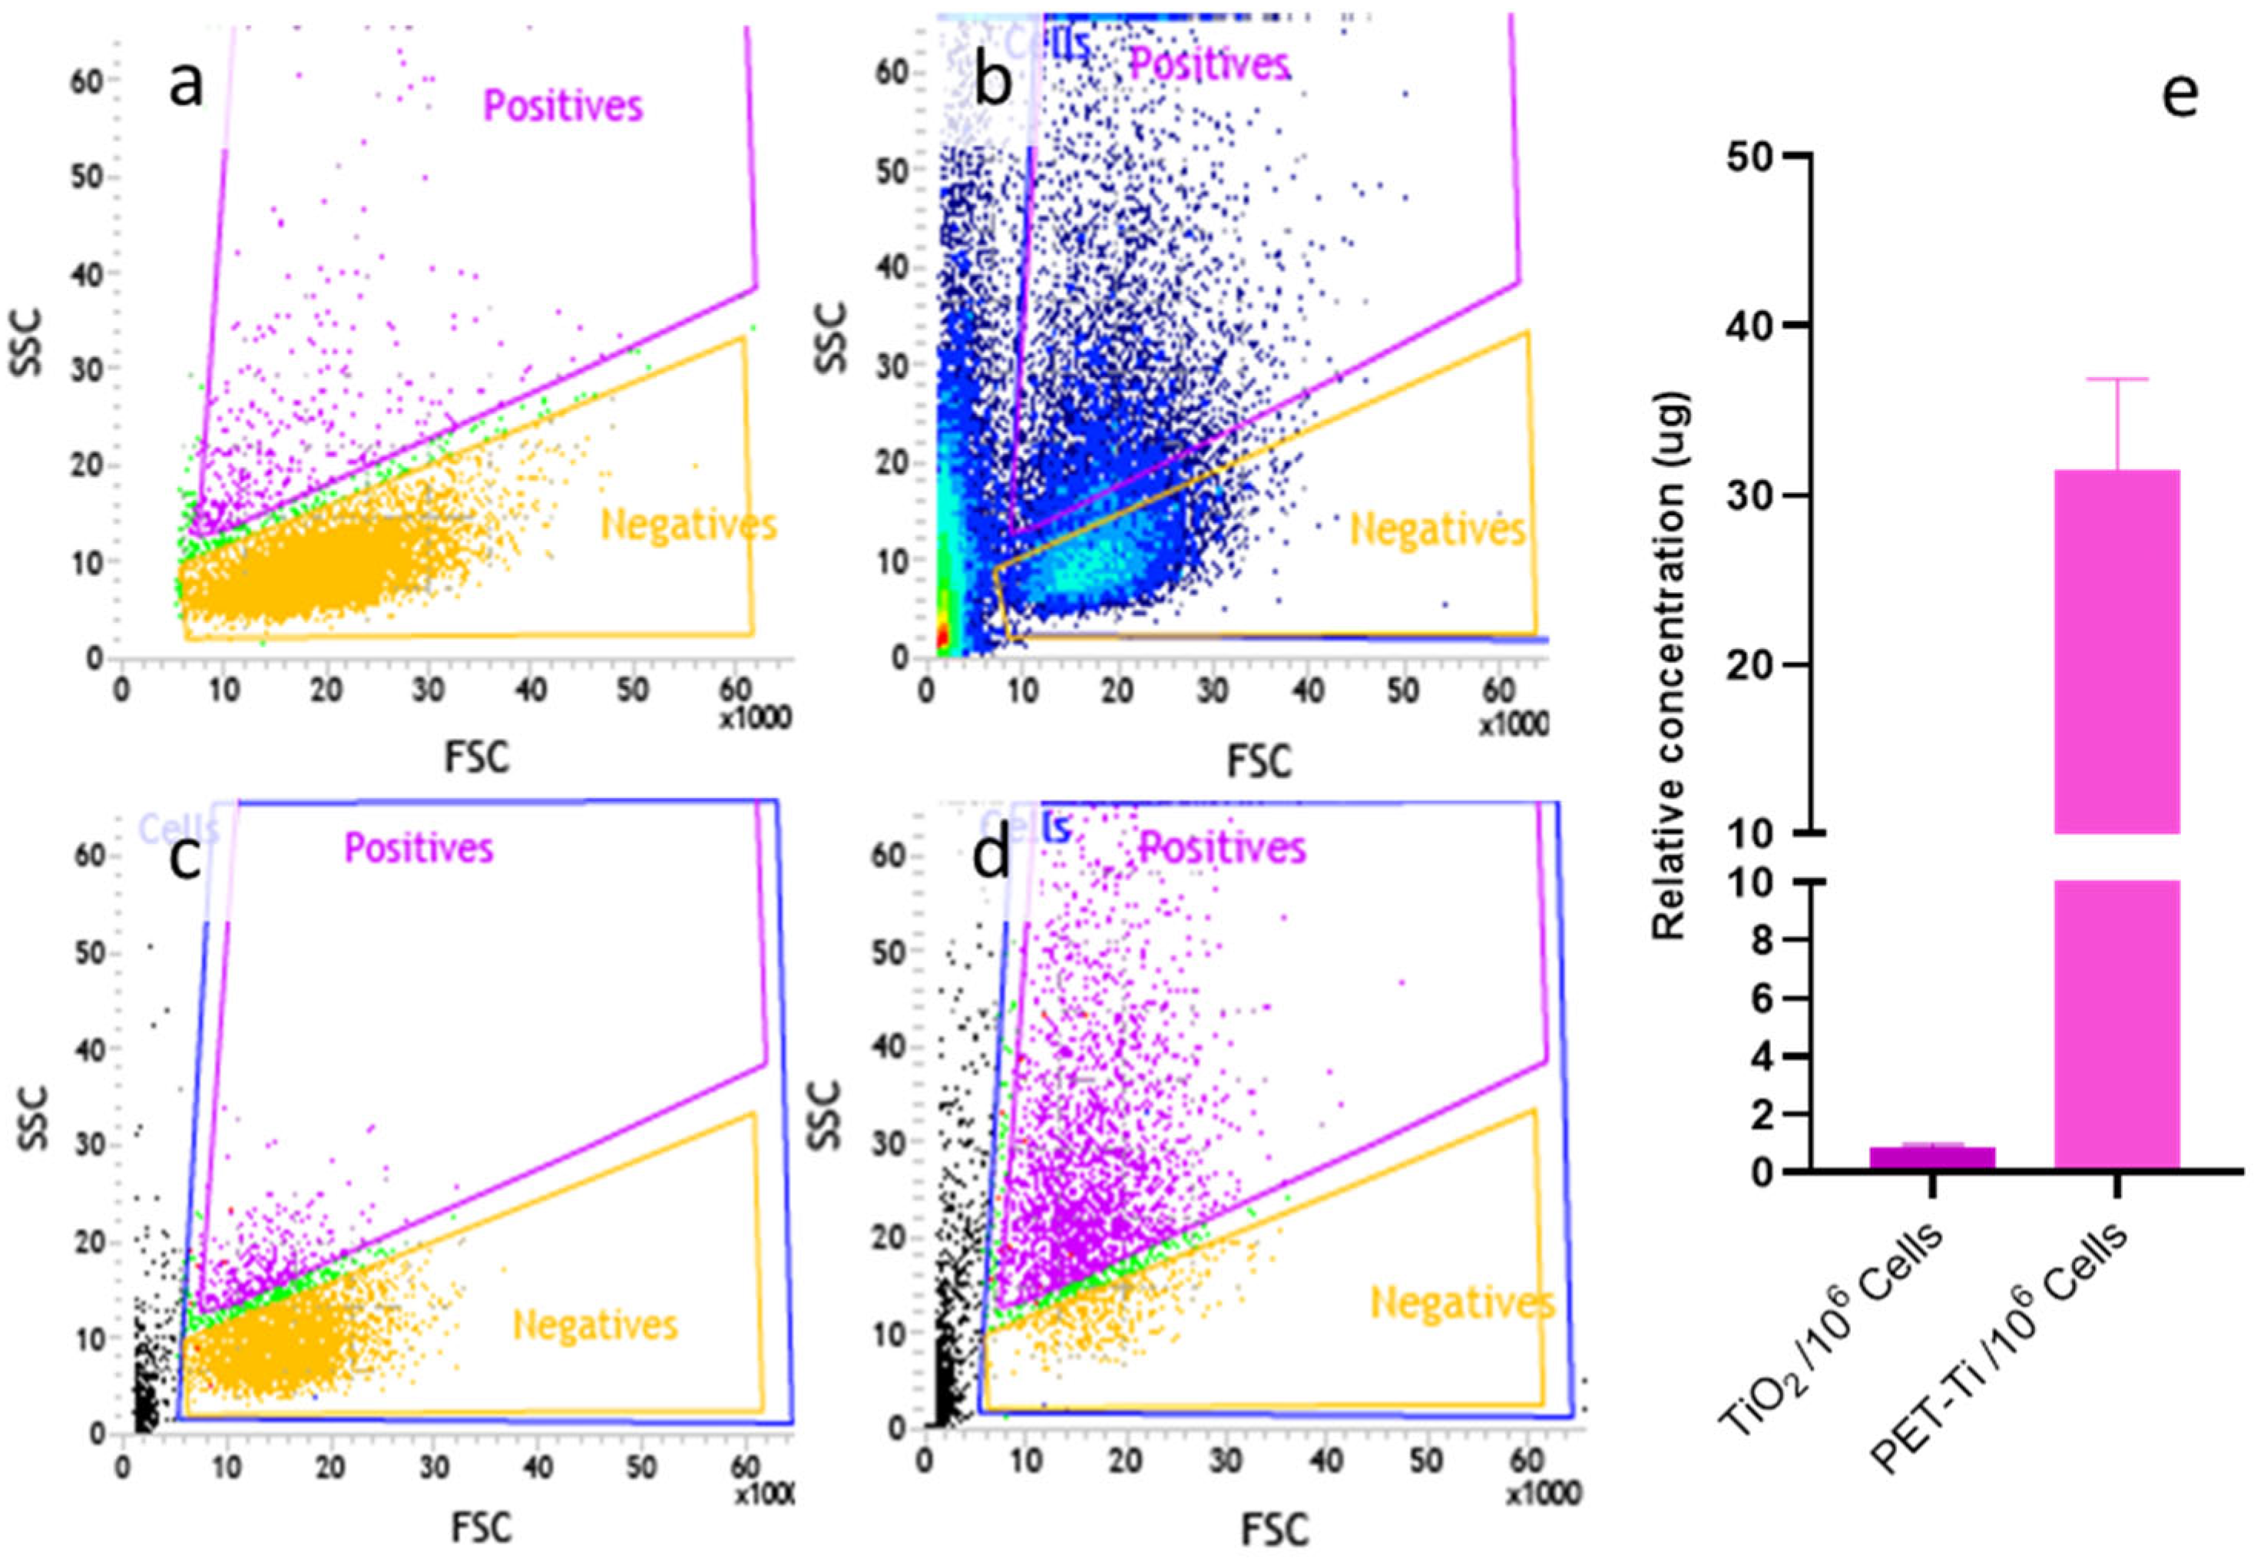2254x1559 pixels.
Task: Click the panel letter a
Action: pyautogui.click(x=187, y=86)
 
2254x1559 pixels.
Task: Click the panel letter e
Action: pyautogui.click(x=2181, y=94)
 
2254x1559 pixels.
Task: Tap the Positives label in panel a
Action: pyautogui.click(x=564, y=105)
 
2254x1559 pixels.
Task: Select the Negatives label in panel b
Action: pyautogui.click(x=1438, y=531)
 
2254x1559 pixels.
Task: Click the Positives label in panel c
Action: pyautogui.click(x=419, y=848)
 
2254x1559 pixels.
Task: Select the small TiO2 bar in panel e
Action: pyautogui.click(x=1931, y=1157)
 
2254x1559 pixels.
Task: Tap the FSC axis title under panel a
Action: pyautogui.click(x=477, y=758)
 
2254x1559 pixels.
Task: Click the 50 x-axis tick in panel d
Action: pyautogui.click(x=1427, y=1461)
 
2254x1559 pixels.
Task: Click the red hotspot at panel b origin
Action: pyautogui.click(x=942, y=635)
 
